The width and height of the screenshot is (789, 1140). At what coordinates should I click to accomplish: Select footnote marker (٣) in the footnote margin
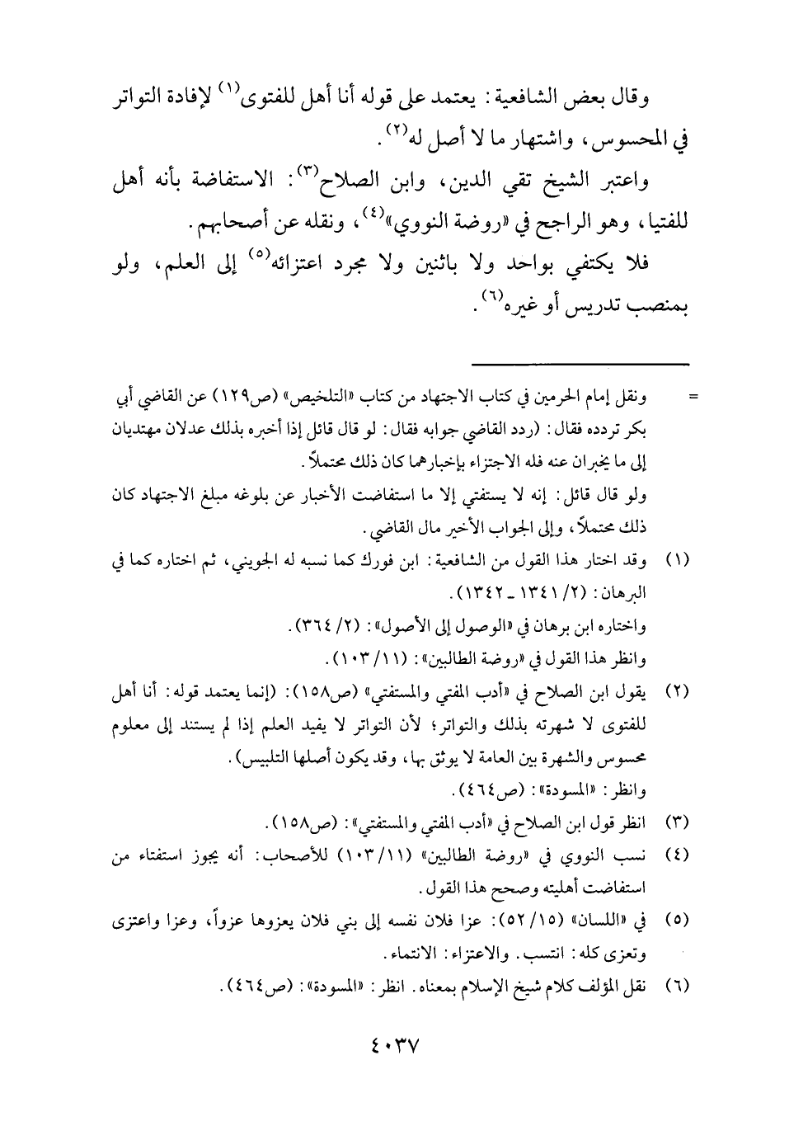coord(676,825)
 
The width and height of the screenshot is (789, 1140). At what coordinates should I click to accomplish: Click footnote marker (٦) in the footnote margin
coord(676,986)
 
